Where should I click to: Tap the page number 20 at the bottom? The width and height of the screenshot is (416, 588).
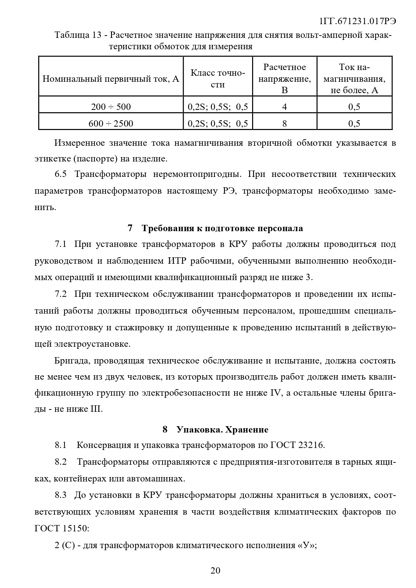pos(215,571)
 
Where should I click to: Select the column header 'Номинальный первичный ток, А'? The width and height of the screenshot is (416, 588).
pos(111,79)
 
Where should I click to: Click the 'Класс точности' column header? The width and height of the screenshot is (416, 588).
pos(218,79)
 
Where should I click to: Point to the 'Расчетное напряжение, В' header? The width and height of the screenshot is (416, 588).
pos(285,79)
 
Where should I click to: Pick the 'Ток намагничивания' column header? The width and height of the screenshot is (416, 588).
pos(354,79)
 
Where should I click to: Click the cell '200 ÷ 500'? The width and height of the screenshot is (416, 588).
pos(111,107)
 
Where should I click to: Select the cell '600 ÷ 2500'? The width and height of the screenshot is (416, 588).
pos(111,124)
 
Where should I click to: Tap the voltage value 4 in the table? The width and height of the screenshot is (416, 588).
pos(285,107)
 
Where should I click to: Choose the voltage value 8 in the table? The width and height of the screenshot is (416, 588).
pos(285,124)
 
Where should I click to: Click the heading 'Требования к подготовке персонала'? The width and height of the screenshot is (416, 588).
pos(222,228)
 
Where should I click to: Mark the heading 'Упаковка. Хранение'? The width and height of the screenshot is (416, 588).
pos(222,430)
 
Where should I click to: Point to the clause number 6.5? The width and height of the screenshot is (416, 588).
pos(61,174)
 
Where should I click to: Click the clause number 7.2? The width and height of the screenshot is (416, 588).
pos(61,294)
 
